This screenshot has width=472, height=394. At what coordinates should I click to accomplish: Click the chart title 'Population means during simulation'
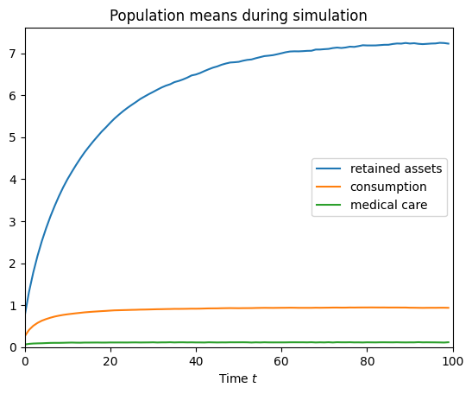coord(239,16)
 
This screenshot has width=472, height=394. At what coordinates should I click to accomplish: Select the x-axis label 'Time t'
coord(239,378)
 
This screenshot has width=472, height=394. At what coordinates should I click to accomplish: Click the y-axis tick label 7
coord(14,54)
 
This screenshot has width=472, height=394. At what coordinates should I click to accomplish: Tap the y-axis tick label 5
coord(14,137)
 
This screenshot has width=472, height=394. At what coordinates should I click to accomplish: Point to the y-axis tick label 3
coord(14,221)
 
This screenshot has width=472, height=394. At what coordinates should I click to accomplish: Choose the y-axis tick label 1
coord(14,305)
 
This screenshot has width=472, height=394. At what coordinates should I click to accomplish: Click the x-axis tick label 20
coord(110,359)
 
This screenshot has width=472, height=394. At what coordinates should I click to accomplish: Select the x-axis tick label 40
coord(196,359)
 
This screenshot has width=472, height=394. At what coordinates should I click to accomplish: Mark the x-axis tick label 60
coord(281,359)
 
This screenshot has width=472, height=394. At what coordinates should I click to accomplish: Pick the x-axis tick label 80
coord(367,359)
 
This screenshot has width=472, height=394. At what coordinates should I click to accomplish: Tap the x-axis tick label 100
coord(452,359)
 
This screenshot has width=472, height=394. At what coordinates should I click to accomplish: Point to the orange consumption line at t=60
coord(281,308)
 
